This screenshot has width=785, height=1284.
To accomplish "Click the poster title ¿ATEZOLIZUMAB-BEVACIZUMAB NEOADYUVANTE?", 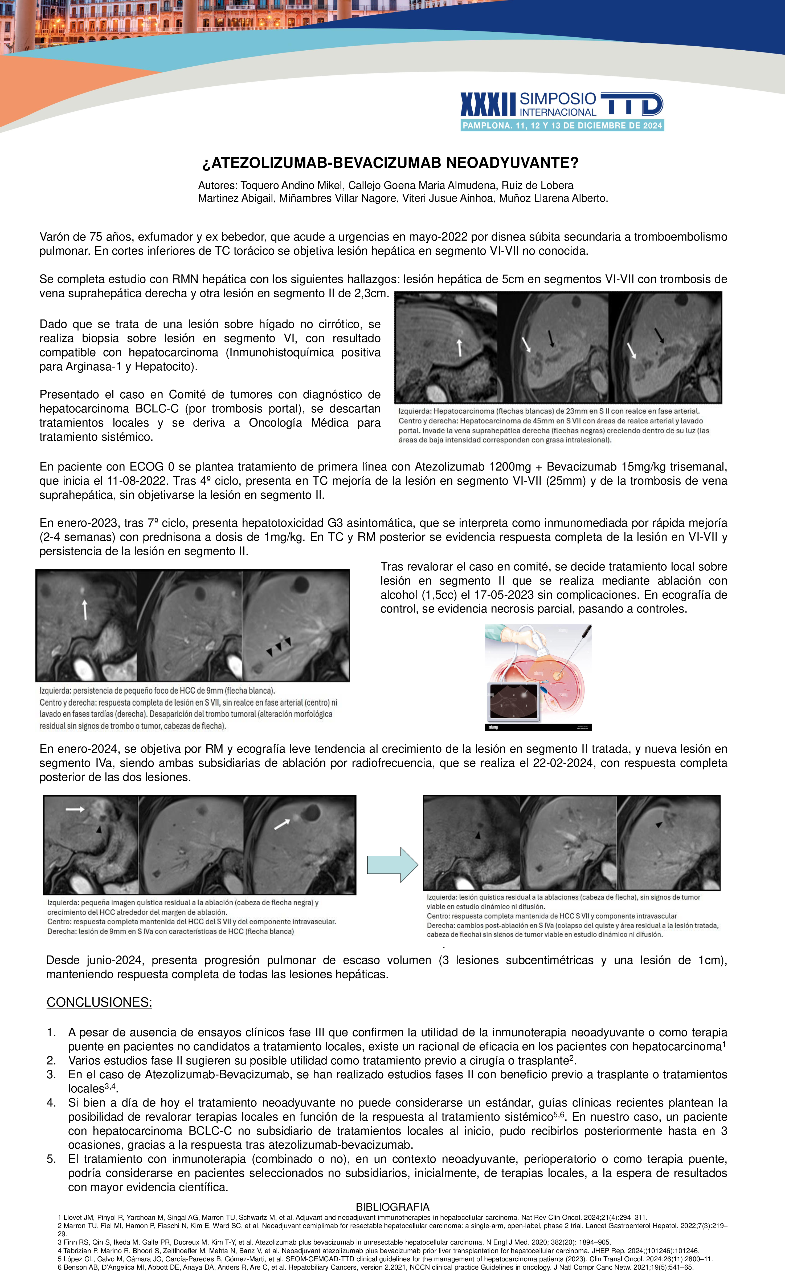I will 390,163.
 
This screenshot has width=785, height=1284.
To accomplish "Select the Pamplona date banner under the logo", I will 562,125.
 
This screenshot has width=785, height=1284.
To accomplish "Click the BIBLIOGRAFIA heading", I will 392,1207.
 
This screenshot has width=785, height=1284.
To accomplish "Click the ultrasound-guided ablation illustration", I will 538,677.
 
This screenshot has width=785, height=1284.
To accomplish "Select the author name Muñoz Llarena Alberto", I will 553,199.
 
